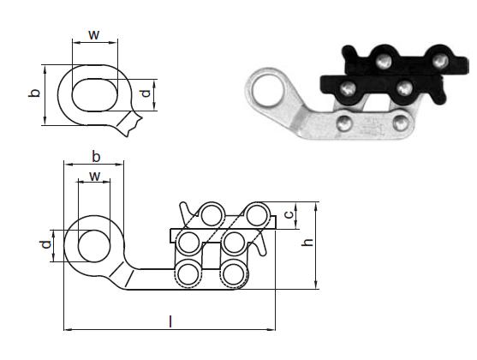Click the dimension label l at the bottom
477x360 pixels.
(170, 321)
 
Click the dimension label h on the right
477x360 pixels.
(307, 242)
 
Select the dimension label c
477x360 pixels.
(289, 214)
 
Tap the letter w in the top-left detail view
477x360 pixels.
(94, 35)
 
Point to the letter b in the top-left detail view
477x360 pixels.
(34, 93)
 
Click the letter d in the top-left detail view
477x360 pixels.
(146, 93)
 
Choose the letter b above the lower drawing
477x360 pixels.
(96, 157)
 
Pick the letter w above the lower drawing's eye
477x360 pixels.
(95, 177)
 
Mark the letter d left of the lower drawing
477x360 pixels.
(45, 244)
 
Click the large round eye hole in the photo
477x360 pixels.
(268, 91)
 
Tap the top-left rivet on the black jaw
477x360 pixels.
(384, 62)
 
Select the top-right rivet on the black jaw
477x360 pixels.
(440, 61)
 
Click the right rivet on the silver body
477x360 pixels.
(401, 123)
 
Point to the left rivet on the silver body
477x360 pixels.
(344, 123)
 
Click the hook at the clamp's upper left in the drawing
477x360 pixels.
(187, 211)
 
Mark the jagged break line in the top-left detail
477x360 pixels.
(134, 123)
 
